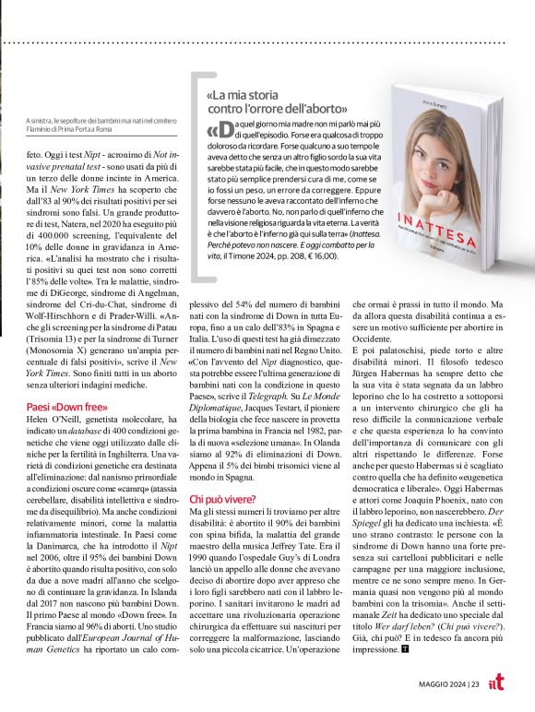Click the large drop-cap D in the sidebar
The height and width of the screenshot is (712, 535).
(x=216, y=132)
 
